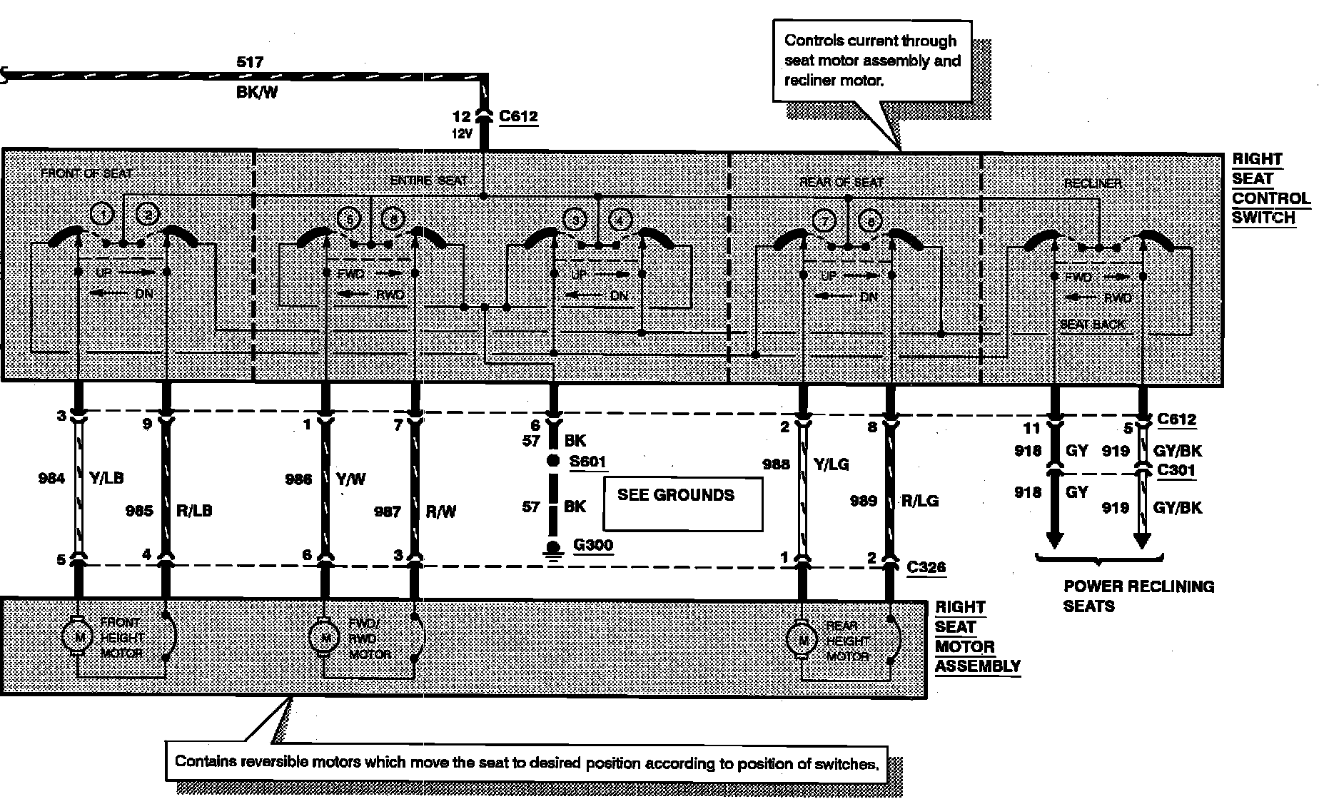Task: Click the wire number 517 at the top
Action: click(x=250, y=63)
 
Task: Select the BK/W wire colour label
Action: click(x=256, y=93)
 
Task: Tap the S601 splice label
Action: click(x=588, y=461)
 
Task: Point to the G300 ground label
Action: click(x=593, y=546)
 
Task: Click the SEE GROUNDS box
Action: click(x=682, y=504)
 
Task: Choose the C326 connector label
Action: click(x=926, y=566)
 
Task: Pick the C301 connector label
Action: click(x=1176, y=470)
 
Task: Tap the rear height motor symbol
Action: click(x=802, y=640)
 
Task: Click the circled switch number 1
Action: click(x=103, y=215)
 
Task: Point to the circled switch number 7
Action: click(x=825, y=221)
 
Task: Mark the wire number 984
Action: click(x=51, y=478)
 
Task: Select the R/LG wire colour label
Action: click(x=920, y=501)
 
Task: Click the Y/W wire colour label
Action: click(x=350, y=479)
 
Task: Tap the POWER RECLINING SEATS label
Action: click(x=1138, y=596)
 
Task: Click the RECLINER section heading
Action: click(x=1092, y=183)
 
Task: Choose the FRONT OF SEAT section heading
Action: click(x=86, y=173)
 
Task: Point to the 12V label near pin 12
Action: click(x=462, y=133)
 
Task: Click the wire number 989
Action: click(x=863, y=501)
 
